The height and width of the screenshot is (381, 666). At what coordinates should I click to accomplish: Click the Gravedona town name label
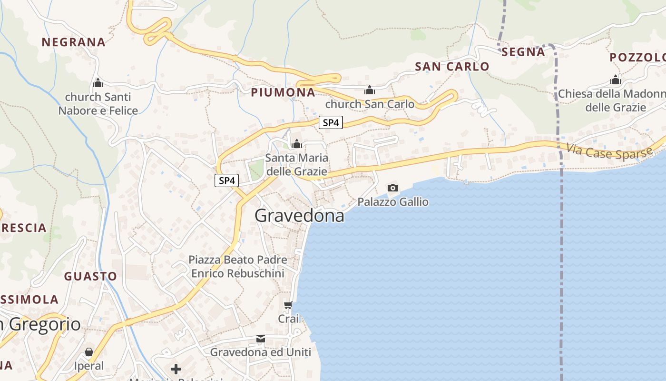tap(299, 216)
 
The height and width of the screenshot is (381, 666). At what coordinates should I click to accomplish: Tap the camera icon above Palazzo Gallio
tap(392, 188)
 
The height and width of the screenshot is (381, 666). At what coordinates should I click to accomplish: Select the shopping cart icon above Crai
tap(288, 305)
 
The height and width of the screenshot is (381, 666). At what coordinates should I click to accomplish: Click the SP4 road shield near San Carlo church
tap(331, 123)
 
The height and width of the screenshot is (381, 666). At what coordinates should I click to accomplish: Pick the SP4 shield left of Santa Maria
tap(226, 181)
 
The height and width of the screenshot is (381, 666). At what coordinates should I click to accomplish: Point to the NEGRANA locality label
tap(73, 42)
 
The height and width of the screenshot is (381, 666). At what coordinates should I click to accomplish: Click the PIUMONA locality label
tap(283, 92)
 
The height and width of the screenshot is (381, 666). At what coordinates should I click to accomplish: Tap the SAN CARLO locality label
tap(452, 67)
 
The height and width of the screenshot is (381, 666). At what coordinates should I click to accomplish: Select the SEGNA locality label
tap(523, 52)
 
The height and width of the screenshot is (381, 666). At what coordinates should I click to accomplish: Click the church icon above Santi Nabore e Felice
tap(98, 83)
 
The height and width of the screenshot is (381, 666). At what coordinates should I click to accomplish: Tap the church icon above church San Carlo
tap(370, 90)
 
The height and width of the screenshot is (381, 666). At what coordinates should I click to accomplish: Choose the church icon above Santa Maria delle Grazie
tap(297, 143)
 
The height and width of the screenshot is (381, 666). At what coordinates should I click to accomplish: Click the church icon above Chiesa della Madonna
tap(616, 80)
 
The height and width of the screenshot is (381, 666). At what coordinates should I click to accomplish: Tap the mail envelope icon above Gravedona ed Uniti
tap(261, 339)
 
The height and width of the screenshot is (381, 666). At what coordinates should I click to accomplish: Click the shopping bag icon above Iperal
tap(89, 352)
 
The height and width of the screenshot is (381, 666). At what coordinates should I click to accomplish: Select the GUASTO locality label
tap(90, 277)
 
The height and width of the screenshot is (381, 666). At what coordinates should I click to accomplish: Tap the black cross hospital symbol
tap(176, 369)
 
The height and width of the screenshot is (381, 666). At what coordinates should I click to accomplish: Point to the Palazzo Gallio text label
tap(393, 202)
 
